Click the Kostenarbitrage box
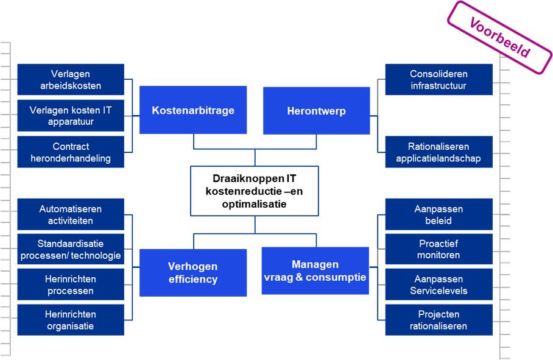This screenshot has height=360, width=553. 193,110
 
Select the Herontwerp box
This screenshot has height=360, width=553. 316,111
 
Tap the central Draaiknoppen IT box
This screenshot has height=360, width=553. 255,191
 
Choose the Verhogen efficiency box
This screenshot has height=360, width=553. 193,273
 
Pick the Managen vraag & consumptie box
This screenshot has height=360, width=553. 315,271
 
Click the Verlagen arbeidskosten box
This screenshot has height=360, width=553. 71,80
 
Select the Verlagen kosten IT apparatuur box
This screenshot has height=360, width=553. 71,116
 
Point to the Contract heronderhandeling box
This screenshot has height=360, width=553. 71,152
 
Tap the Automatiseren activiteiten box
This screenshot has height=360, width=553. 71,214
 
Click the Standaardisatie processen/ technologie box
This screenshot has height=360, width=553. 71,249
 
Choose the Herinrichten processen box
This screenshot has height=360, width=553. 71,284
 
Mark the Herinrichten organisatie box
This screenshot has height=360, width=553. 71,320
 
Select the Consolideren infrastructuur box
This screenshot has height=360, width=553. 439,80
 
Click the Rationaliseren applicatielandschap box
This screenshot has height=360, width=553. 439,152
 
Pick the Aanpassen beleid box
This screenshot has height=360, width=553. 439,214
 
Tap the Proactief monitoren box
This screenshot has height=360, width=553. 439,249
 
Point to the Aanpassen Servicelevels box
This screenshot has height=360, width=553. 439,284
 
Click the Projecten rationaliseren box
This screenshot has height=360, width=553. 439,320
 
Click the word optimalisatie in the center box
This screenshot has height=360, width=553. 255,205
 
